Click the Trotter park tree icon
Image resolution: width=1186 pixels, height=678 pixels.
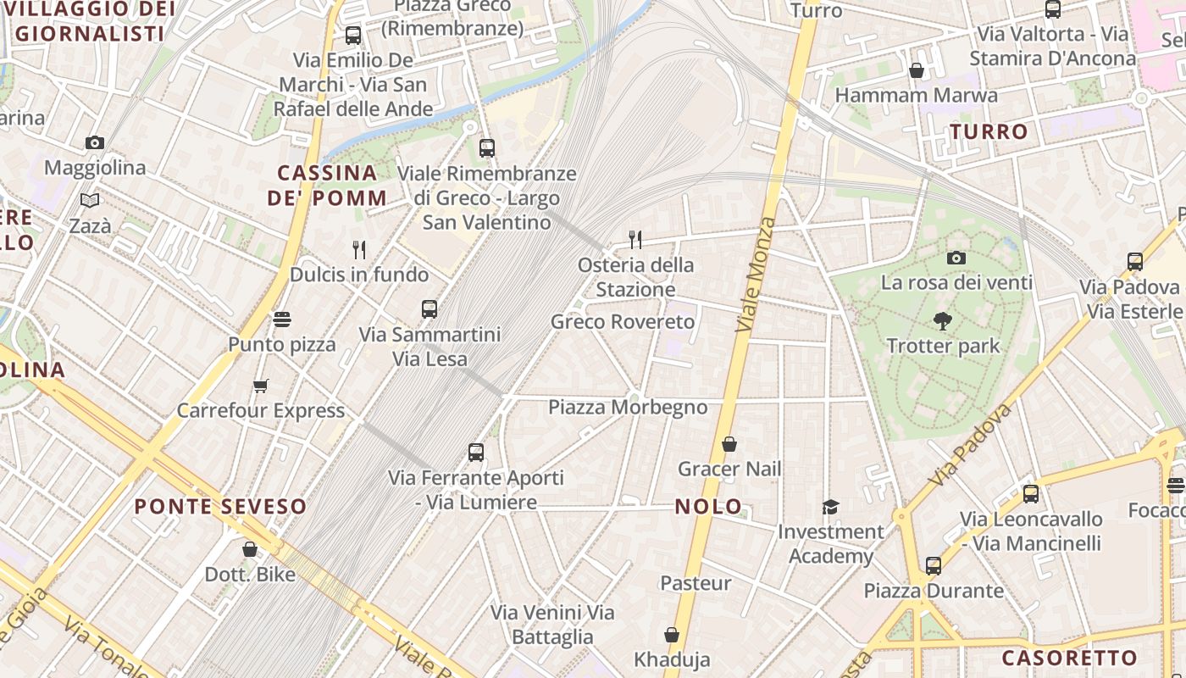point(942,320)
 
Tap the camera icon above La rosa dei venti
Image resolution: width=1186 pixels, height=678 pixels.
point(956,258)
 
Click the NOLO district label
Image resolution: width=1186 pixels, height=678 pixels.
point(708,507)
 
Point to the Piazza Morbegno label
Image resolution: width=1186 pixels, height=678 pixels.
point(628,407)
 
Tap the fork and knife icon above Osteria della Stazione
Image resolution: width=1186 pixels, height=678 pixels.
point(635,240)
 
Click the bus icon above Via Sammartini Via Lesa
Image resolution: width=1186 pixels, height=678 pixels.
point(430,309)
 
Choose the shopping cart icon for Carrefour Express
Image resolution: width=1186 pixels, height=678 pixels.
point(261,386)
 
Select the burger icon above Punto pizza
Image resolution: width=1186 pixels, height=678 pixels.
point(282,320)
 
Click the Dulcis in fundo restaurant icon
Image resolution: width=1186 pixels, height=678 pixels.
point(359,249)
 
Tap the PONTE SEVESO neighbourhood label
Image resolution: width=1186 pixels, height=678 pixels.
point(220,507)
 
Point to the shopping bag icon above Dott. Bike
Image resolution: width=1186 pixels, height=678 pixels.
point(250,549)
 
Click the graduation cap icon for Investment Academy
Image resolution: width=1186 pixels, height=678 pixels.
point(830,507)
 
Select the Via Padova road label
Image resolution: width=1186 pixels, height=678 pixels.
point(970,445)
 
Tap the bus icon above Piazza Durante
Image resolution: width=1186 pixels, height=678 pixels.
point(933,565)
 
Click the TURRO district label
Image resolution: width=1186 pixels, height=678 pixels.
point(989,131)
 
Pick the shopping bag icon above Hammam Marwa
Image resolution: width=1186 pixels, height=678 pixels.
point(916,70)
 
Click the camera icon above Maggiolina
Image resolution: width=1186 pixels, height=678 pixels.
point(95,142)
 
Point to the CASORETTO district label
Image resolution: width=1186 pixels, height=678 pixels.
point(1069,658)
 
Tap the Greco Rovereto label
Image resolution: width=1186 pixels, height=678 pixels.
point(623,322)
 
